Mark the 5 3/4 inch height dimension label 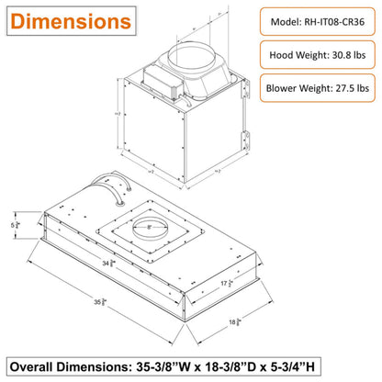tap(15, 222)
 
